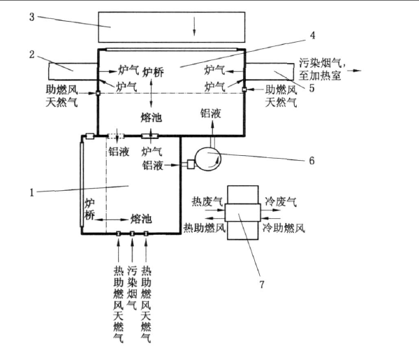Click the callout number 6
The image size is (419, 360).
tap(312, 159)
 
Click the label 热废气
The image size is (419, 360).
tap(206, 201)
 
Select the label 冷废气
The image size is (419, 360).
tap(281, 201)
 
